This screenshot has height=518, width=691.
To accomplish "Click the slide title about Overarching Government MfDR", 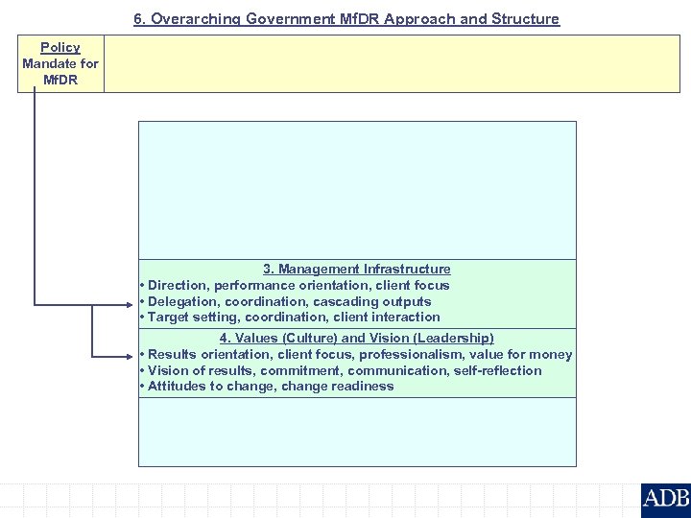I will coord(345,19).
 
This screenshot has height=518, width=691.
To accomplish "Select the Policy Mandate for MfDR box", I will coord(60,63).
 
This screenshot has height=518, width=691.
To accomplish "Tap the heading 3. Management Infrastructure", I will coord(357,270).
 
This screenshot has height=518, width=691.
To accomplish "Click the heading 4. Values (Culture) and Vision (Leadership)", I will coord(357,338).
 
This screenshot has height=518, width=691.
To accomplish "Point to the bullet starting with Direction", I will coord(295,285).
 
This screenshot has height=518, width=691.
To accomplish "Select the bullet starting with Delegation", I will coord(286,301).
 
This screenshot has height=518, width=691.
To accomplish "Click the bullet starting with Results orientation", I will coord(356,354).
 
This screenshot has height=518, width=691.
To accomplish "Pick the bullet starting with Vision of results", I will coord(341,370).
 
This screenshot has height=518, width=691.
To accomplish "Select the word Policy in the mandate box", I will coord(60,47).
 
